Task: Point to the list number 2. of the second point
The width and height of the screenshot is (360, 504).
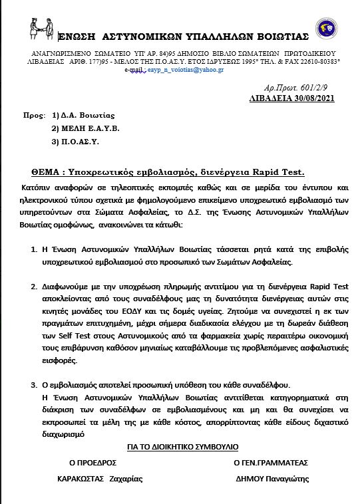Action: [35, 287]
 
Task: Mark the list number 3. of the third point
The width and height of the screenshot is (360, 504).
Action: [35, 386]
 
